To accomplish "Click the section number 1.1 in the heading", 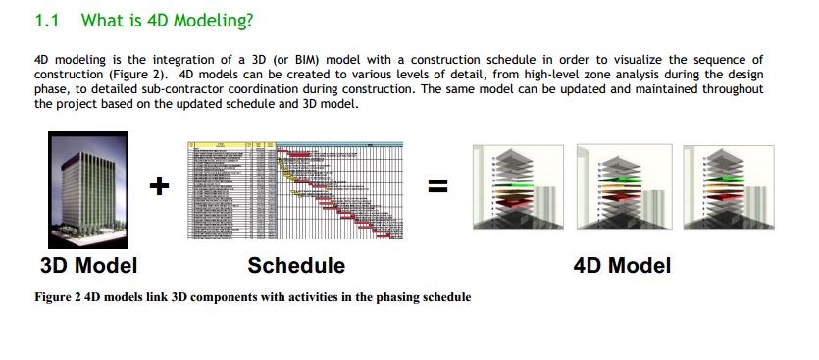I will pyautogui.click(x=48, y=20).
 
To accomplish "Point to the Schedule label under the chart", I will pyautogui.click(x=296, y=265).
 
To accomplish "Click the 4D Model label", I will pyautogui.click(x=622, y=265).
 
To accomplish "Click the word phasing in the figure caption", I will pyautogui.click(x=386, y=296).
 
